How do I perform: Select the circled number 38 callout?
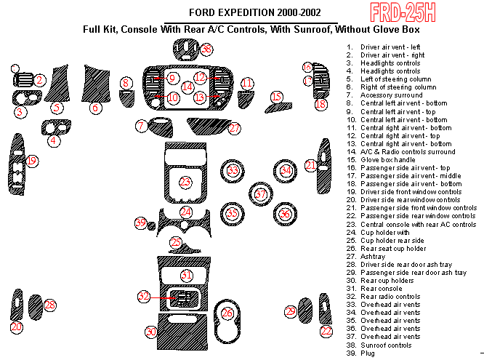pos(207,49)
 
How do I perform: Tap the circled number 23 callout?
pos(186,181)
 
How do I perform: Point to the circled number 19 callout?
pos(32,160)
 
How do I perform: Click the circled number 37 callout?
pos(261,193)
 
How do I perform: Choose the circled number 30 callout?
pos(151,332)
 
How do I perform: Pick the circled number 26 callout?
pos(227,313)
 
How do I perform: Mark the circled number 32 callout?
pos(145,296)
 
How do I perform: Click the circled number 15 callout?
pos(276,96)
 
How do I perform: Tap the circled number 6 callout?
pos(94,108)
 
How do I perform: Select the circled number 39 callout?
pos(140,223)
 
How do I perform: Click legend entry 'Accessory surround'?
pos(391,95)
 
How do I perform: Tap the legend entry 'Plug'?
pos(368,353)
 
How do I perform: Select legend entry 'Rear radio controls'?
pos(390,297)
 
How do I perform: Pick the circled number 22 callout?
pos(326,331)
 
